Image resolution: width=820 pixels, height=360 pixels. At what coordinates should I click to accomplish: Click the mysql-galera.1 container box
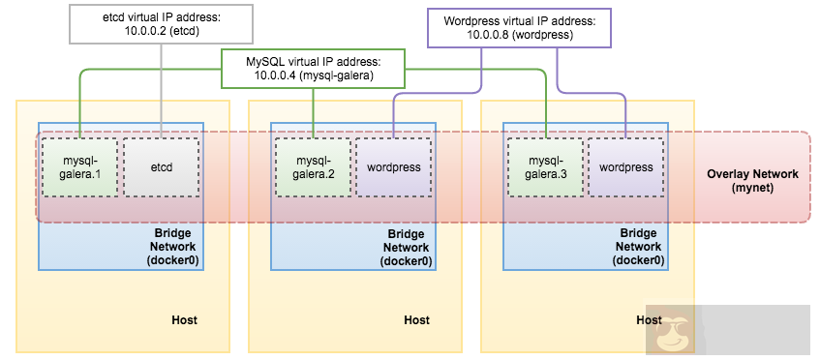pyautogui.click(x=80, y=167)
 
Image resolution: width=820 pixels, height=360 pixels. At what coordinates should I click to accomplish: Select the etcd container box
pyautogui.click(x=161, y=167)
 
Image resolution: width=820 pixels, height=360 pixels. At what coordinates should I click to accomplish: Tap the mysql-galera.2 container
pyautogui.click(x=313, y=167)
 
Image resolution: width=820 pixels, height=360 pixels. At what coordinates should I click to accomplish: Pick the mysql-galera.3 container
pyautogui.click(x=546, y=167)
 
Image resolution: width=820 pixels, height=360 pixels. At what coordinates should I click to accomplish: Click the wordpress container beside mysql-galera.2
pyautogui.click(x=394, y=167)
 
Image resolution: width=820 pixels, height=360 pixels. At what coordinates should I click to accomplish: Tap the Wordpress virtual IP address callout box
pyautogui.click(x=519, y=27)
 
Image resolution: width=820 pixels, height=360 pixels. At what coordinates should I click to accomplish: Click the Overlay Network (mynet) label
pyautogui.click(x=752, y=181)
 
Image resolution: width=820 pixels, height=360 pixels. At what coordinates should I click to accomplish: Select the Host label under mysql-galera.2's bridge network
pyautogui.click(x=416, y=319)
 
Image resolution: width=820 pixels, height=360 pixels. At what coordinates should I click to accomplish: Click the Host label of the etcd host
pyautogui.click(x=184, y=319)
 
